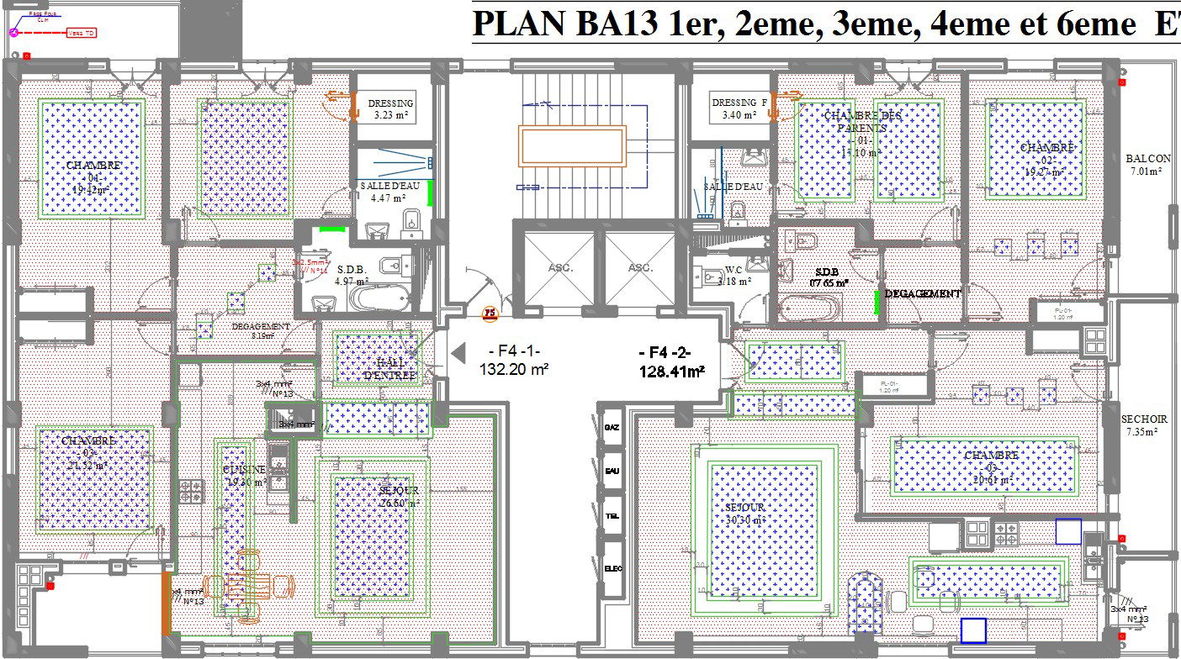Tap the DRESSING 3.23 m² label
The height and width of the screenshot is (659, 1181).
tap(394, 109)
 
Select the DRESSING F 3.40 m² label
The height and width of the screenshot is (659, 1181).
tap(739, 108)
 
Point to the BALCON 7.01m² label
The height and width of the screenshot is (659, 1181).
tap(1148, 165)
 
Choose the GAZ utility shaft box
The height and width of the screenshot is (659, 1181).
tap(612, 428)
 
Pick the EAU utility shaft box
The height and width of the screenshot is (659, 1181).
tap(612, 471)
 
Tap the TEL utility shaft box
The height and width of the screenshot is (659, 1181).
tap(612, 516)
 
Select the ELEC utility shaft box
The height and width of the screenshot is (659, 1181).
tap(612, 569)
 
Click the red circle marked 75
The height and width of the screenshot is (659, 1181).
tap(488, 315)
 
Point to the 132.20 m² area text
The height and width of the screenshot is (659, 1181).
tap(514, 368)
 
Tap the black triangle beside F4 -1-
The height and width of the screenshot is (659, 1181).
tap(458, 351)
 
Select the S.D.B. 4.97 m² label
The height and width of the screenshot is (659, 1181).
tap(350, 276)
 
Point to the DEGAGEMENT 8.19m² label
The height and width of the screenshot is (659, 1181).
tap(261, 330)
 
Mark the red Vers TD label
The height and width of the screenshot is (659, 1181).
tap(81, 34)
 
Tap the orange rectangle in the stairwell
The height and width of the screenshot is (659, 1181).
tap(572, 145)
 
